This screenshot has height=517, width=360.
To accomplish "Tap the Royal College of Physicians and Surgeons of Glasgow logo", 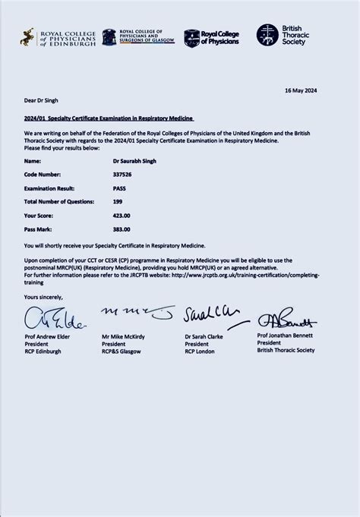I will [x=138, y=36].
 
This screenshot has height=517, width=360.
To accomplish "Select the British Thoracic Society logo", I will [x=280, y=35].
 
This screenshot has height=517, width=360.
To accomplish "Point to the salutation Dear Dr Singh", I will [x=41, y=100].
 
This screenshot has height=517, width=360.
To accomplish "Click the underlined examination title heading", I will [x=109, y=118].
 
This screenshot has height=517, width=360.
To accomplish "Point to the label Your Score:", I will [x=40, y=215].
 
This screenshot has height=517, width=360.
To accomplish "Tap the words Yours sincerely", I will [x=43, y=297].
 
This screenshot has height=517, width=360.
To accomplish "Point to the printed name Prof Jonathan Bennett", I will [x=285, y=335].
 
